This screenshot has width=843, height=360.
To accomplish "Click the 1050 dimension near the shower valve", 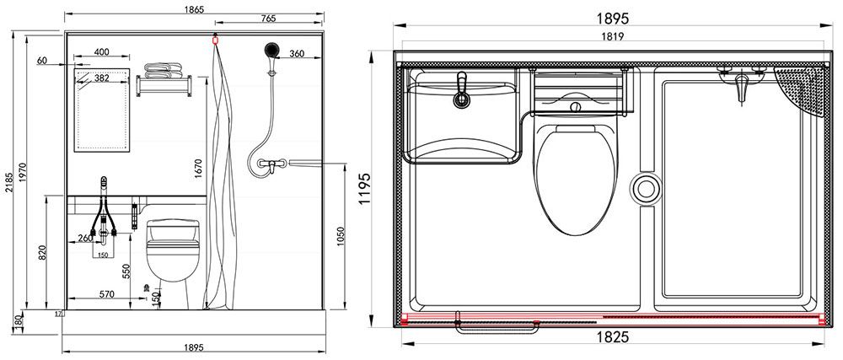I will coord(340,239).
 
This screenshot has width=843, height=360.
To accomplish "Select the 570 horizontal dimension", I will coord(106,294).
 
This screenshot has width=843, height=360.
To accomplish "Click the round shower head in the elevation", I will coord(271,50).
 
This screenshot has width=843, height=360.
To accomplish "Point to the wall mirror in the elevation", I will coord(103,110).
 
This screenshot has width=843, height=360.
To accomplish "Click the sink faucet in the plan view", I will coord(460,92).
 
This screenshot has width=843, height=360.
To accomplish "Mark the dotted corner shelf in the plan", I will coord(801,89).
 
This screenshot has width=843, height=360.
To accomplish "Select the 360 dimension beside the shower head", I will coord(297,53).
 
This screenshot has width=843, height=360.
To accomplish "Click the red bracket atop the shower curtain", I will coord(216,38).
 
